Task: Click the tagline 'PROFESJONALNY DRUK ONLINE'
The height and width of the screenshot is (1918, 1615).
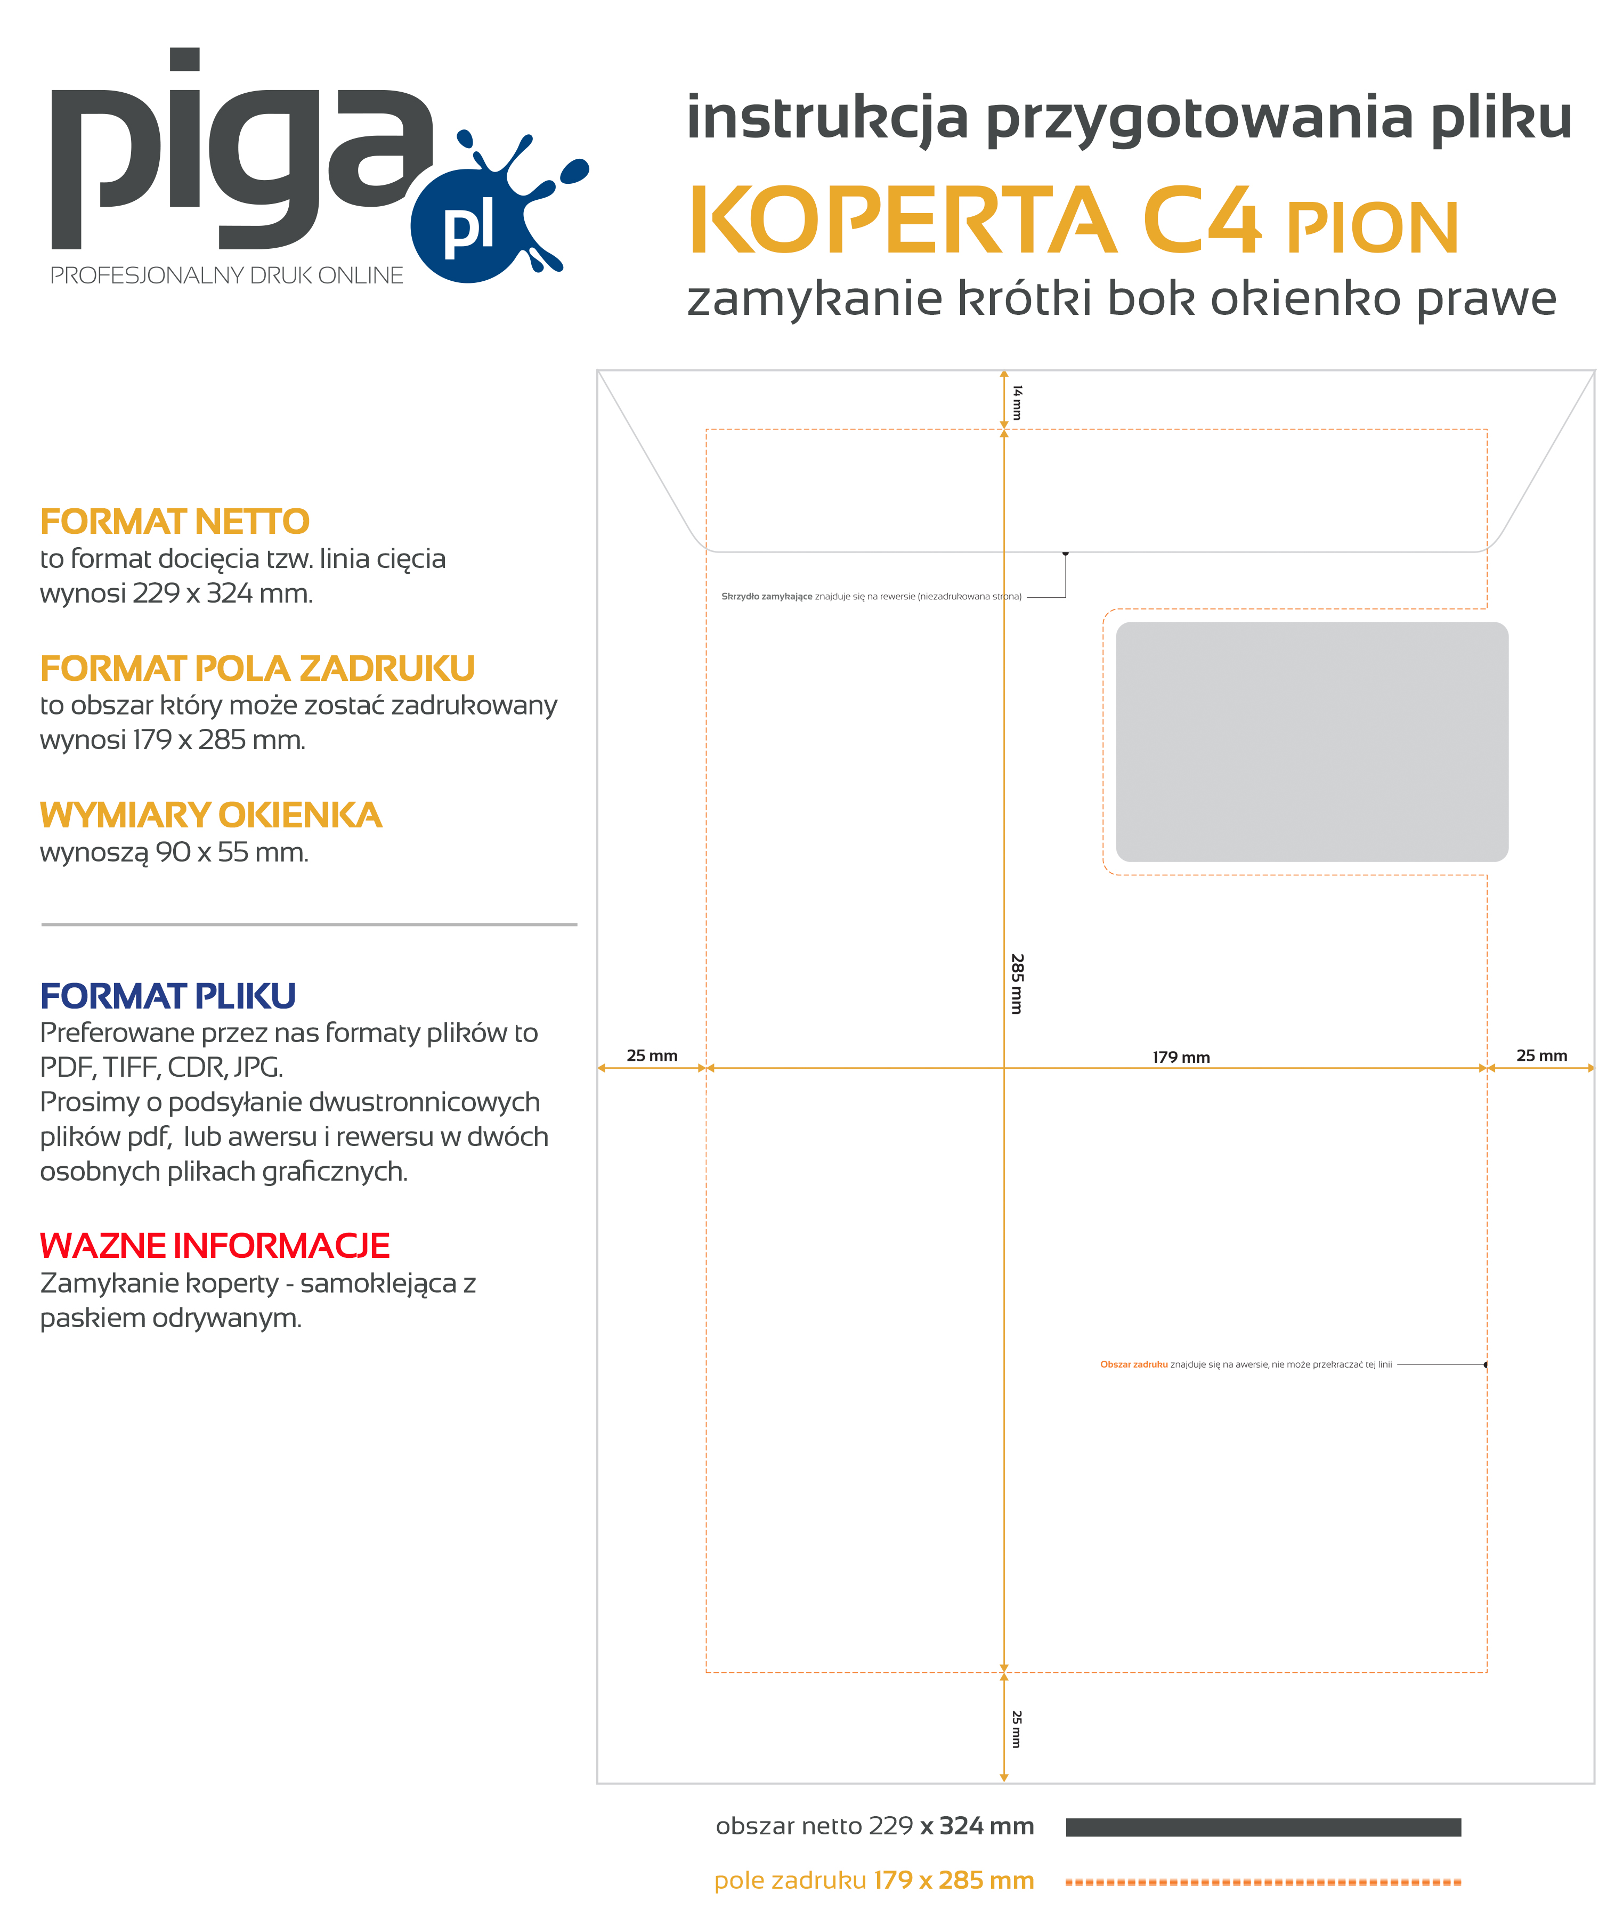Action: pos(226,275)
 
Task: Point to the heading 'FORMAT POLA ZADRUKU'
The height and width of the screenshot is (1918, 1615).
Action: pos(257,668)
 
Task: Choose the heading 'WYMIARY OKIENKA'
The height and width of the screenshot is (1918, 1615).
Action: pos(210,815)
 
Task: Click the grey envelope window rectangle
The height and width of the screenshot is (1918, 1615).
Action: pos(1311,742)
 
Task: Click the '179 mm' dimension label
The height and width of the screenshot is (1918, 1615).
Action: pos(1181,1058)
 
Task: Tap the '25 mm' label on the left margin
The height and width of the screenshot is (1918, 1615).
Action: pos(652,1055)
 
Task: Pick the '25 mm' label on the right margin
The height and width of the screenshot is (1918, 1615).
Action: pos(1542,1055)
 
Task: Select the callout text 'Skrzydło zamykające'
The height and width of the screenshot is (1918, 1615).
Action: pos(766,596)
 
